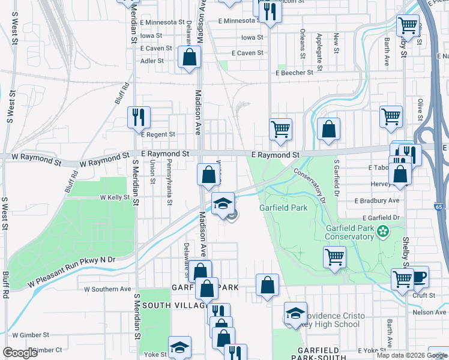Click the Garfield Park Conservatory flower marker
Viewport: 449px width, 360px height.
pyautogui.click(x=382, y=229)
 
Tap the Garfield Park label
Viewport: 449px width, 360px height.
pyautogui.click(x=283, y=208)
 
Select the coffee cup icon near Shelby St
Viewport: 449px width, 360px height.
pyautogui.click(x=418, y=277)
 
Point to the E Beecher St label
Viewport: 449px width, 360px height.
pyautogui.click(x=294, y=73)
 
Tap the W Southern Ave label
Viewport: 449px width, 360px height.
pyautogui.click(x=107, y=289)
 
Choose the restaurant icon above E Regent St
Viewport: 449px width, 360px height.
pyautogui.click(x=139, y=116)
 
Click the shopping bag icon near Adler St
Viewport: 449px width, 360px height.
pyautogui.click(x=189, y=58)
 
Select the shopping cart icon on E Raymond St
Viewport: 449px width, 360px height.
pyautogui.click(x=280, y=129)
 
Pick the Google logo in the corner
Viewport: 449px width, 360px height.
pyautogui.click(x=20, y=353)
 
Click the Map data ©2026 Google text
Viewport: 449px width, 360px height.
pyautogui.click(x=412, y=355)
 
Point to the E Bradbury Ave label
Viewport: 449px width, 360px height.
pyautogui.click(x=377, y=200)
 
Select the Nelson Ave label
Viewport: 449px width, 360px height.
pyautogui.click(x=431, y=313)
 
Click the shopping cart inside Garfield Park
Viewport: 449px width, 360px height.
pyautogui.click(x=335, y=257)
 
